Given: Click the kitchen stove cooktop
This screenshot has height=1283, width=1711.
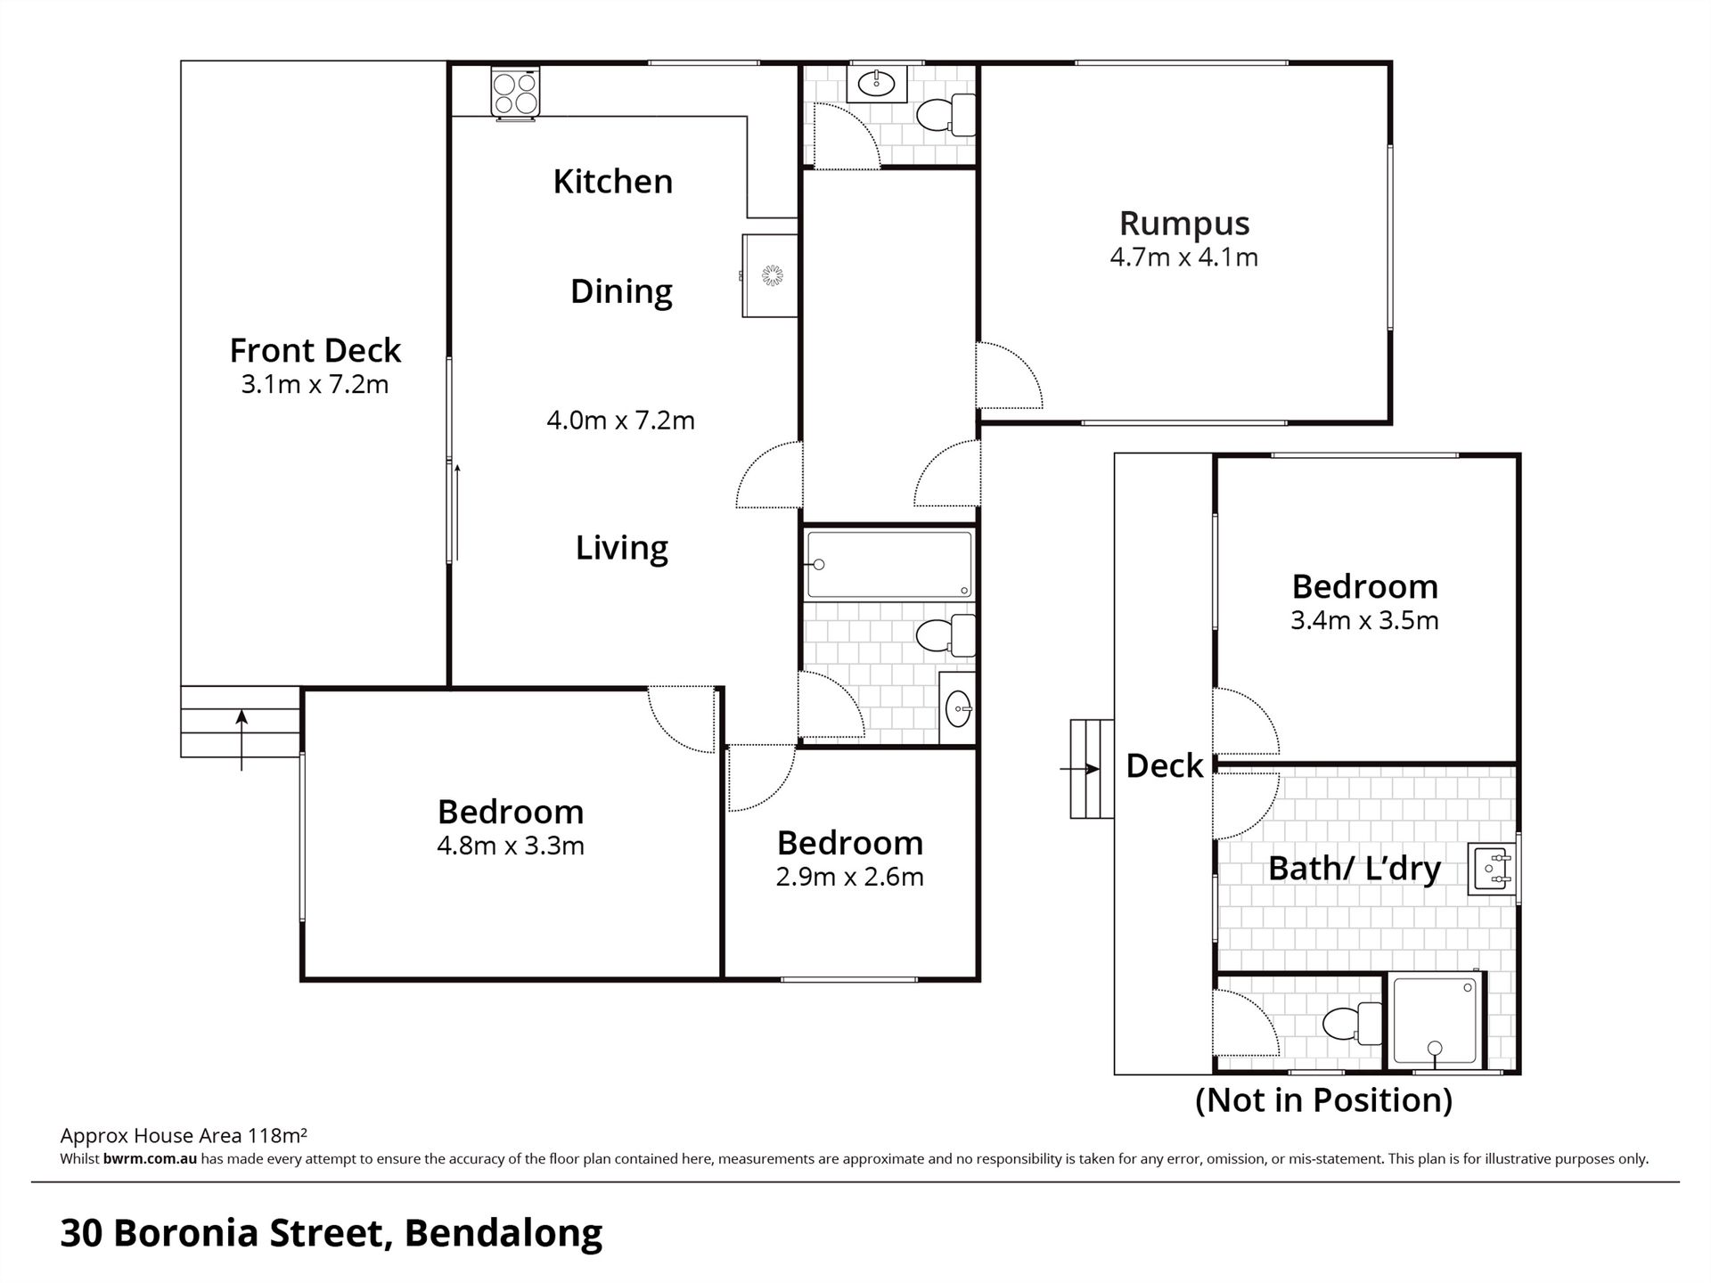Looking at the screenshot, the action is [515, 94].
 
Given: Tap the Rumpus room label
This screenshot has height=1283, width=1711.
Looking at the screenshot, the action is [1184, 223].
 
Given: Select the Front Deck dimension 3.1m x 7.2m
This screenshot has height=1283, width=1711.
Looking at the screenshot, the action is [315, 385].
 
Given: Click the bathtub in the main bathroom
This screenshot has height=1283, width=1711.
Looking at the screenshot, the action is [889, 565].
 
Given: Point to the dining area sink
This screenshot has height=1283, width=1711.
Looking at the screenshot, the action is [770, 275].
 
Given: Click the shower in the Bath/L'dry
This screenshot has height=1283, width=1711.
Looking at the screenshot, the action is [1435, 1021].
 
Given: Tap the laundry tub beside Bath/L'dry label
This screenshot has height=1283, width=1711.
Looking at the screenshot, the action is [1493, 869].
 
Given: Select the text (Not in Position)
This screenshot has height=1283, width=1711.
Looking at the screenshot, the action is [1323, 1100].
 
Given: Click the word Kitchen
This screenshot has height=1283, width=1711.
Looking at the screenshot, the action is [613, 181].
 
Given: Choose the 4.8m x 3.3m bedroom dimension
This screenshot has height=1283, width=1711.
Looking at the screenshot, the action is [511, 846].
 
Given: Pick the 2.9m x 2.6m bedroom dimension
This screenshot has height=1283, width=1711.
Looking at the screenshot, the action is [849, 877].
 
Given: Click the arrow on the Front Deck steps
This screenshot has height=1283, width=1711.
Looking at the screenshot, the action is [242, 740].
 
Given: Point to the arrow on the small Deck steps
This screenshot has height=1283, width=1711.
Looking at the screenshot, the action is [1079, 769].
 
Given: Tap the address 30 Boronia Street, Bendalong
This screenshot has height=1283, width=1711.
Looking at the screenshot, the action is [332, 1233].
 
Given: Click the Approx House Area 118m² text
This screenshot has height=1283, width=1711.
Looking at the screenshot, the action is [184, 1135].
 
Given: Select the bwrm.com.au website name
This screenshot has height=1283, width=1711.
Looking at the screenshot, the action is [150, 1159].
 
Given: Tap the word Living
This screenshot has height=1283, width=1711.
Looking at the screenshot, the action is [621, 547].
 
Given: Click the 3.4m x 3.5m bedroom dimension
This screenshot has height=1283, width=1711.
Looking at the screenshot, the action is [1364, 620].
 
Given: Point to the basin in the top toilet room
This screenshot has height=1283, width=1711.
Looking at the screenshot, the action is [876, 84].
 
